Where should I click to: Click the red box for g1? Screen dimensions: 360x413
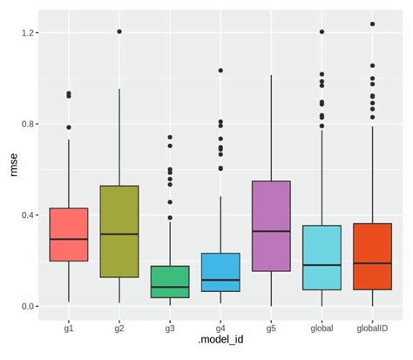click(x=69, y=234)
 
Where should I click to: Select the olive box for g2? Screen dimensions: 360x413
click(x=119, y=231)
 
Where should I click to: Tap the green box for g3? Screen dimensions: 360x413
click(x=170, y=282)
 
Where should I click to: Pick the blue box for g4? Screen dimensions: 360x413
click(x=220, y=272)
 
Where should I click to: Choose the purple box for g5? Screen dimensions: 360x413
click(x=271, y=226)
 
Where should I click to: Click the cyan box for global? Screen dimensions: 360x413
click(x=322, y=257)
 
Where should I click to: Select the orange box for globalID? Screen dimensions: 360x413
click(x=372, y=256)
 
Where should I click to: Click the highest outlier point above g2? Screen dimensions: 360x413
click(x=119, y=31)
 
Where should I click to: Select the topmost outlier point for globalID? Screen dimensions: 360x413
click(x=372, y=24)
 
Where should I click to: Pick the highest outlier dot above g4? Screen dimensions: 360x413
click(x=220, y=71)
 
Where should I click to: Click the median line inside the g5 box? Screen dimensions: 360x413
click(x=271, y=231)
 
